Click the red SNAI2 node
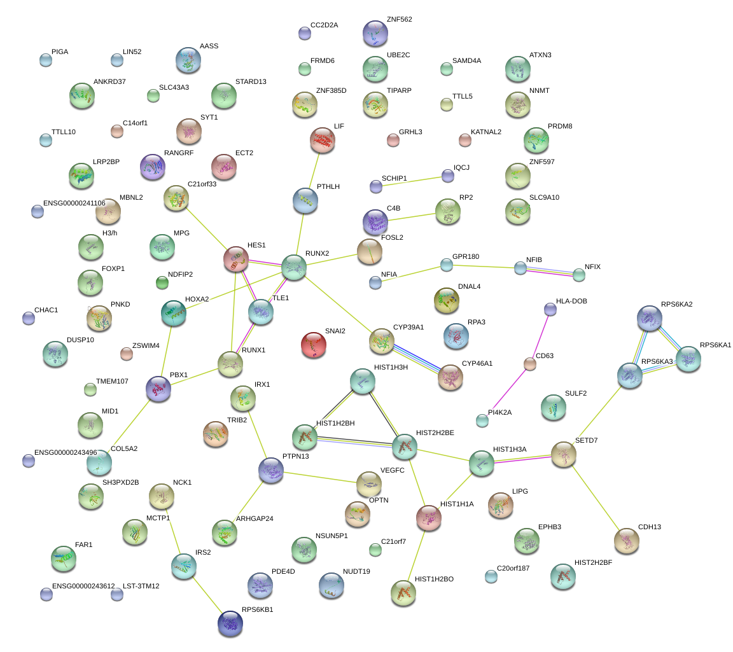314,345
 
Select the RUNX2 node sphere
294,267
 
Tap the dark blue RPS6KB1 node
230,623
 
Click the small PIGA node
46,60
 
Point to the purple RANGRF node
153,167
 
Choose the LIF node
323,140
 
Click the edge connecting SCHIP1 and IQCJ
412,181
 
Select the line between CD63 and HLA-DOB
540,336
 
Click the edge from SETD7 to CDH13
595,498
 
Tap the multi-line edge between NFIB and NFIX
550,271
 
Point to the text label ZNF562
399,19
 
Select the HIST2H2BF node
563,577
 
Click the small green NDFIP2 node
162,283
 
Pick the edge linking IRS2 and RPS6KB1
207,595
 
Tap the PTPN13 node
271,470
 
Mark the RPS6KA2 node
650,318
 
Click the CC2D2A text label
324,25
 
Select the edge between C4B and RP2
412,218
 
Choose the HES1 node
236,260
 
